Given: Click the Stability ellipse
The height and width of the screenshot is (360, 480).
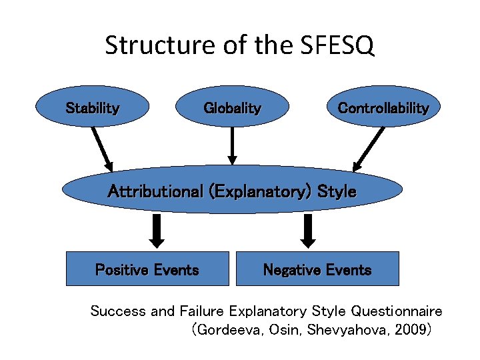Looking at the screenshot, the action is click(93, 107).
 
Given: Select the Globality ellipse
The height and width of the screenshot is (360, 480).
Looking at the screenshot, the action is click(232, 107).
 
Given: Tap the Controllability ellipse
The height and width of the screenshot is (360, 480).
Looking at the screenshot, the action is click(383, 107).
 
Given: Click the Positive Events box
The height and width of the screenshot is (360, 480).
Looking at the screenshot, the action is click(147, 269).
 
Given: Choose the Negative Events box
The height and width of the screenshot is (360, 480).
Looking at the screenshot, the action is click(317, 269).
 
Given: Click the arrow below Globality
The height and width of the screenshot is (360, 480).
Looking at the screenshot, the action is click(232, 145).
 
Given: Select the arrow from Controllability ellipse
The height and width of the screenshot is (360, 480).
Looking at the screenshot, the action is click(369, 148).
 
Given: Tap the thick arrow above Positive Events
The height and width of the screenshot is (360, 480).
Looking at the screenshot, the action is click(157, 230).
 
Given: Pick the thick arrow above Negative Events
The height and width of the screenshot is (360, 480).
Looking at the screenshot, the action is click(308, 230).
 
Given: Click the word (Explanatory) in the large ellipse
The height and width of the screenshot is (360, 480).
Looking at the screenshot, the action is click(260, 192).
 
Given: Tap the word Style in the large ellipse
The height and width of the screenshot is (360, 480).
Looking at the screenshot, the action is click(337, 192).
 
